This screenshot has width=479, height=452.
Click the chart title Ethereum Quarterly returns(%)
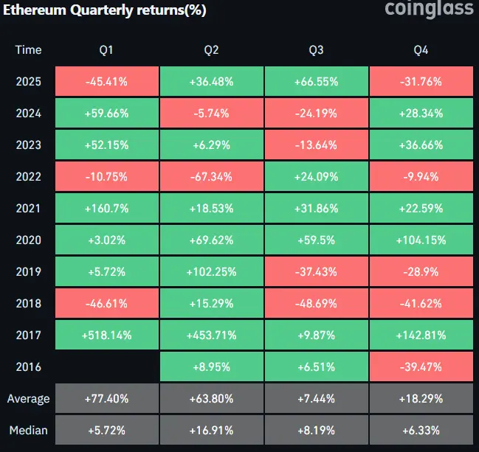104,11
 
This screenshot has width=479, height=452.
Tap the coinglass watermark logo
429,9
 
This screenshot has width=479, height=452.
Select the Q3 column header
317,50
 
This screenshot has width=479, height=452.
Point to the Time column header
28,50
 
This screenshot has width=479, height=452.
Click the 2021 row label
28,209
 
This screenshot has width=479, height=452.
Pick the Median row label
28,431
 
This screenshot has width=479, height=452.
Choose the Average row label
28,399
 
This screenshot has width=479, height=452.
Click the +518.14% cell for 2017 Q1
107,335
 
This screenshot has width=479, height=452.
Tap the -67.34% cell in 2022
212,177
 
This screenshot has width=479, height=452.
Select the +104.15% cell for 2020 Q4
421,240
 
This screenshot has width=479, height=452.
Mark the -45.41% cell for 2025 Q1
107,82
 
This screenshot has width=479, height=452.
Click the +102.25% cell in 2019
212,272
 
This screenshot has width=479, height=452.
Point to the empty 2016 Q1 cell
107,367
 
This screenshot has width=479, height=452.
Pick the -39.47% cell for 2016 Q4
421,367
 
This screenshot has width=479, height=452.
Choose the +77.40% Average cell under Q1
107,399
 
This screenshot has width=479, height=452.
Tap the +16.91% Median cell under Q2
212,431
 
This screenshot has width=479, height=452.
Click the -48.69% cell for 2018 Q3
317,304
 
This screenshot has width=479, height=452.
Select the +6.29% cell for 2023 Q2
212,145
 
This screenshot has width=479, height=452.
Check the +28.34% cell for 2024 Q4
421,114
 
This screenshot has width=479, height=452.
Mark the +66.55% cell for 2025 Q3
317,82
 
